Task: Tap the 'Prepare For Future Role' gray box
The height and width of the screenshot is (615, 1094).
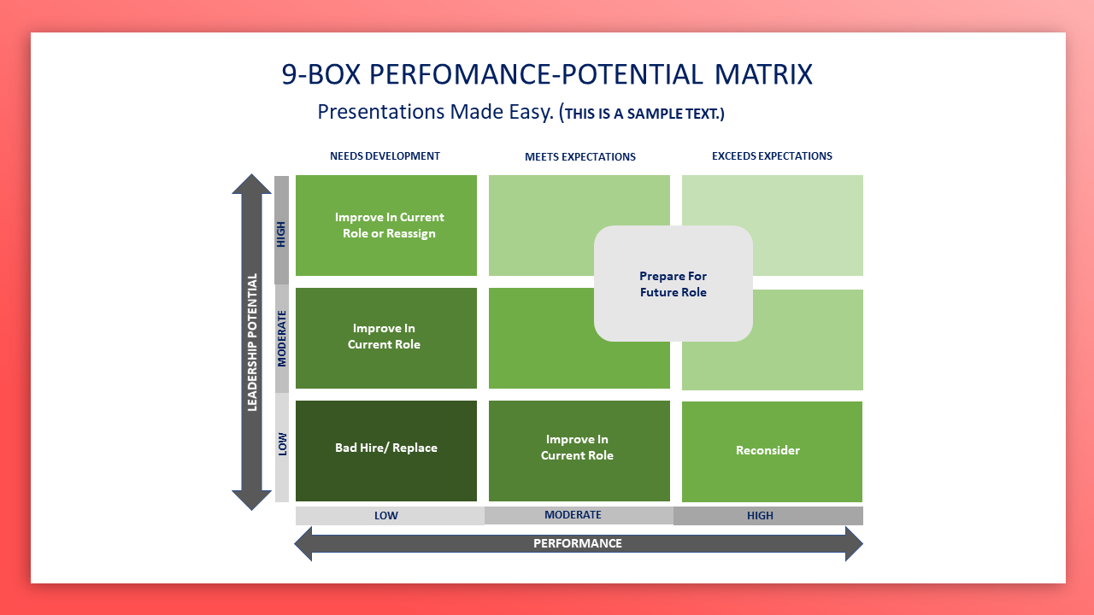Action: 673,284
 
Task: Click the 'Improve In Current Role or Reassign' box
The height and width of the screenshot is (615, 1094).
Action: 386,225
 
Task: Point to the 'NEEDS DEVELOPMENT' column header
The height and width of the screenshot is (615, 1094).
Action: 385,156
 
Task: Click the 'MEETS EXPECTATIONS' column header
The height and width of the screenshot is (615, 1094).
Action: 580,157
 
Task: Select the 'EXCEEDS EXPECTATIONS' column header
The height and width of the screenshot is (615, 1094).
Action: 772,156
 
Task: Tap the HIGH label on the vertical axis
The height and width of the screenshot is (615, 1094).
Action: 281,232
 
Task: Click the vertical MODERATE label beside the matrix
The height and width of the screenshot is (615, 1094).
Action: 281,338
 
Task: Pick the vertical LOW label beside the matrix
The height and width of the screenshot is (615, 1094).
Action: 281,444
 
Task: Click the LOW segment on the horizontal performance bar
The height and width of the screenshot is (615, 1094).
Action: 386,516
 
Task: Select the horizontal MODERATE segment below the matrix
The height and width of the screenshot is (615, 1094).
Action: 573,515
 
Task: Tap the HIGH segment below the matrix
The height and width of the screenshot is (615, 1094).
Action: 760,516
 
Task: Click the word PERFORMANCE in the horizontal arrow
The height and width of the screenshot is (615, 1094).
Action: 578,543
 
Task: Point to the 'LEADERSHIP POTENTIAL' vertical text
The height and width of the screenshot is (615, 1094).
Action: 252,342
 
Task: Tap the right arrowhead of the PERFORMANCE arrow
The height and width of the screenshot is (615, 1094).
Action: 853,543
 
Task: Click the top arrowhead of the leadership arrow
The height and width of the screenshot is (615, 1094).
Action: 252,184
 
